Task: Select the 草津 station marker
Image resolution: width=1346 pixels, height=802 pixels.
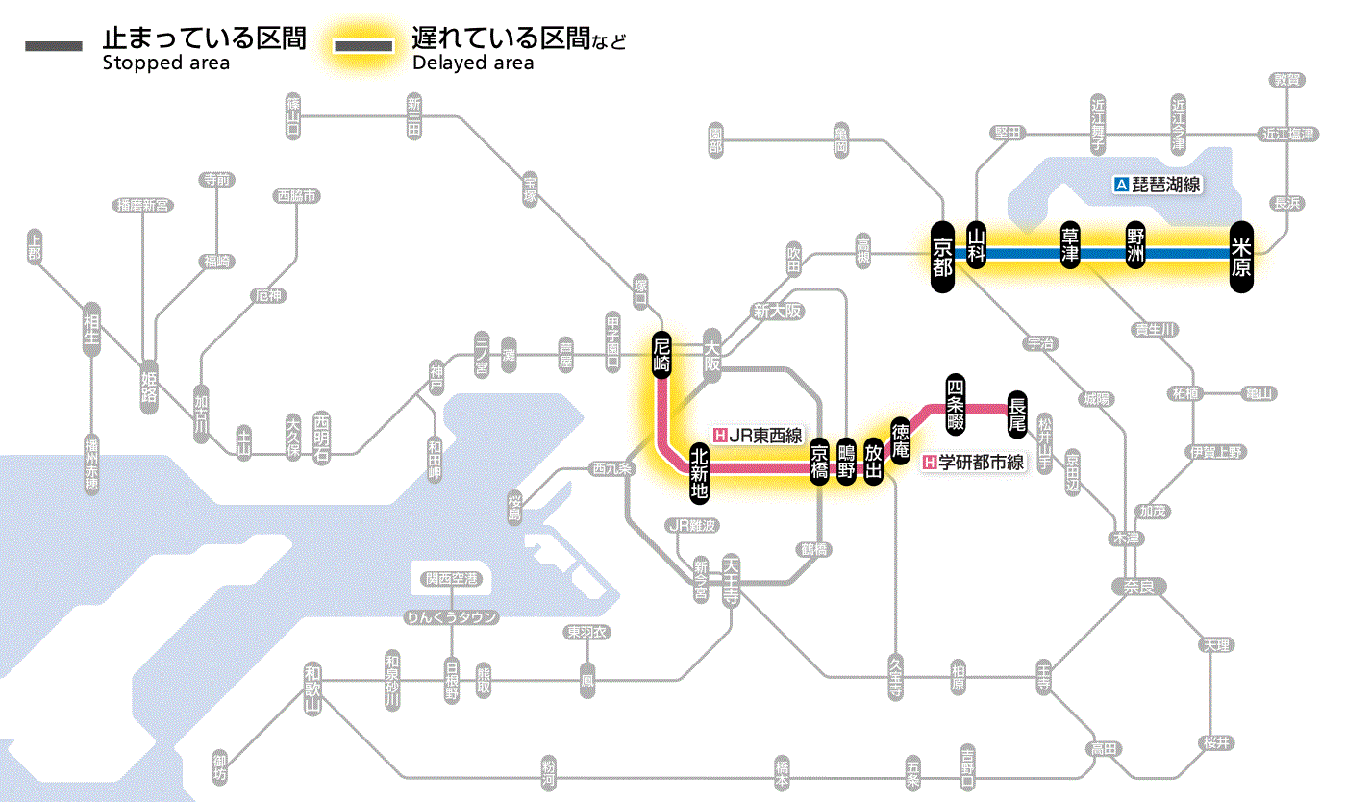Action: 1071,246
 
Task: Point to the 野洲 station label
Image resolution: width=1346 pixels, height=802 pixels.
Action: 1134,246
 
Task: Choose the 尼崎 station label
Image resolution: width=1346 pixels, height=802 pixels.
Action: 661,354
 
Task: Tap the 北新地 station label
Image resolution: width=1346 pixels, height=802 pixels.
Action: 700,472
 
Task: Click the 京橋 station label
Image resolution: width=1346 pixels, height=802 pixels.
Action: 819,462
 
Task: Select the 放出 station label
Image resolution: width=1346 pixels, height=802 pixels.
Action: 873,462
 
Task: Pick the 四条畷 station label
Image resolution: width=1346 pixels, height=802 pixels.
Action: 955,403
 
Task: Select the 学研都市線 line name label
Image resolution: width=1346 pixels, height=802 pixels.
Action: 974,463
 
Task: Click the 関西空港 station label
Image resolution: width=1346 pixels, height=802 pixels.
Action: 452,579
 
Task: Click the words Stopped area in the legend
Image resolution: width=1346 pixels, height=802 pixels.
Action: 165,63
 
